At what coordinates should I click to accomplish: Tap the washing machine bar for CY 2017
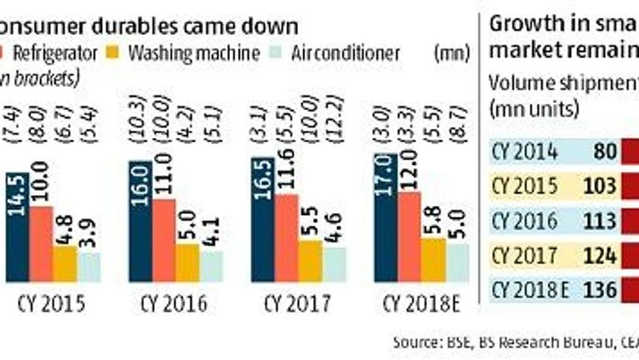[309, 263]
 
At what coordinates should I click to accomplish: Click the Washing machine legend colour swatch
[112, 53]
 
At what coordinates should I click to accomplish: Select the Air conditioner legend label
[347, 53]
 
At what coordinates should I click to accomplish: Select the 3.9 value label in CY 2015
[90, 236]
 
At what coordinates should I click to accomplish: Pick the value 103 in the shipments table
[600, 187]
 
